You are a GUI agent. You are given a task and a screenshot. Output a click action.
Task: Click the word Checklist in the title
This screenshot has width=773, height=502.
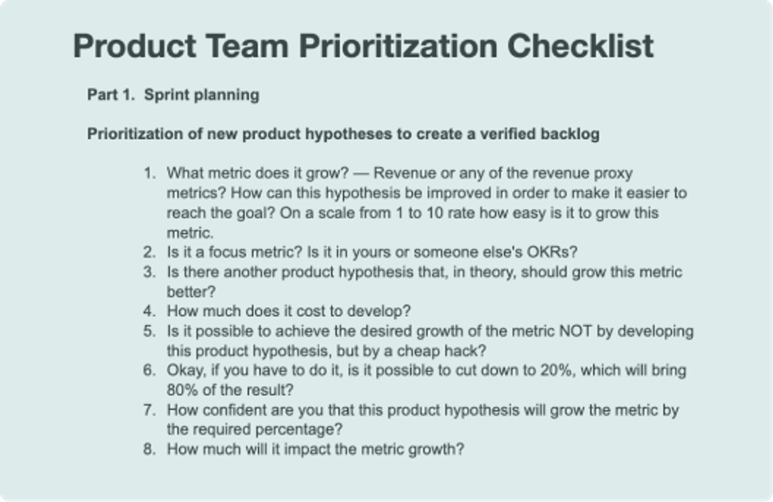point(580,46)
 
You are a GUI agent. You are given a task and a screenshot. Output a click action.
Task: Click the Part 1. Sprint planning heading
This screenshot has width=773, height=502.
point(173,95)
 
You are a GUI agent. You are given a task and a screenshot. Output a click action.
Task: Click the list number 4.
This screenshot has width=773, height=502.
point(149,311)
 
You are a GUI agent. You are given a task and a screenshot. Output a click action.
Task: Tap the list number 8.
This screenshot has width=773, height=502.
point(149,449)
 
